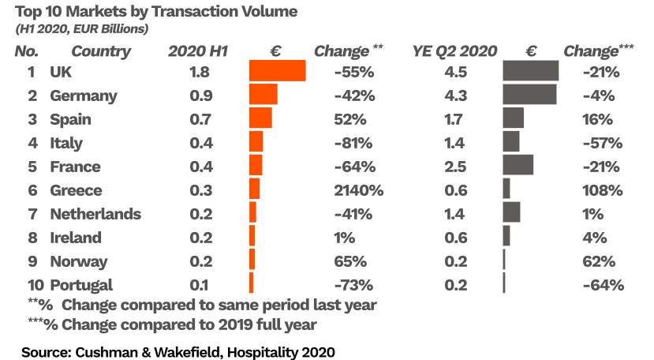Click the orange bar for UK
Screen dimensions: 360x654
[277, 71]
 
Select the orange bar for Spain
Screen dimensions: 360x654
[260, 118]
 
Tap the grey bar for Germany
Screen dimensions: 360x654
[529, 95]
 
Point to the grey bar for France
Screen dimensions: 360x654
[518, 166]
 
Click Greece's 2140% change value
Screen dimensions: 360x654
[359, 190]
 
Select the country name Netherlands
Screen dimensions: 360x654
[95, 214]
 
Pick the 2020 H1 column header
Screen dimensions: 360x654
[198, 52]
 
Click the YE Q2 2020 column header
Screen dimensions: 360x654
[454, 52]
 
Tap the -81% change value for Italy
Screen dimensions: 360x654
[353, 143]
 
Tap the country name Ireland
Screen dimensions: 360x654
[76, 238]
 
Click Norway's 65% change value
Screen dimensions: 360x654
[350, 261]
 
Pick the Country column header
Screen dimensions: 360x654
[101, 52]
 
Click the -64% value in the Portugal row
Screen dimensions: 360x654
[604, 285]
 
